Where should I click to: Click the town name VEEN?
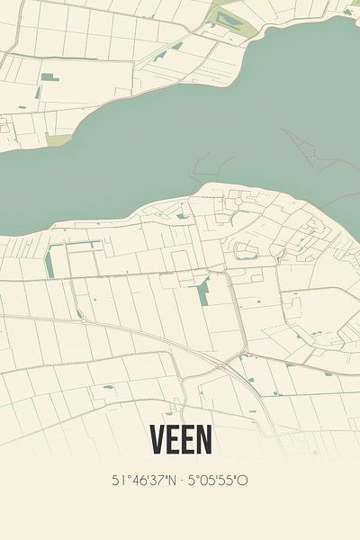coord(180,439)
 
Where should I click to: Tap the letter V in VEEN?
coord(157,439)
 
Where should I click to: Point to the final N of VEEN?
coord(205,439)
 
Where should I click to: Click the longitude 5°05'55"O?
coord(219,481)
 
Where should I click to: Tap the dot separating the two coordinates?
coord(184,481)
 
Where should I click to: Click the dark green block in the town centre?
coord(203,292)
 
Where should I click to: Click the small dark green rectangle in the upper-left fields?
coord(50,78)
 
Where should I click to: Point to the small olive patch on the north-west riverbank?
coord(59,139)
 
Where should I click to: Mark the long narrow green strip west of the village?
coord(48,261)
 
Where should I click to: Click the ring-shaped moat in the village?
coord(246,251)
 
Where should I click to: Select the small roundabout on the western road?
coord(79,315)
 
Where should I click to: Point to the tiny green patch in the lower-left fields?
coord(108,387)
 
